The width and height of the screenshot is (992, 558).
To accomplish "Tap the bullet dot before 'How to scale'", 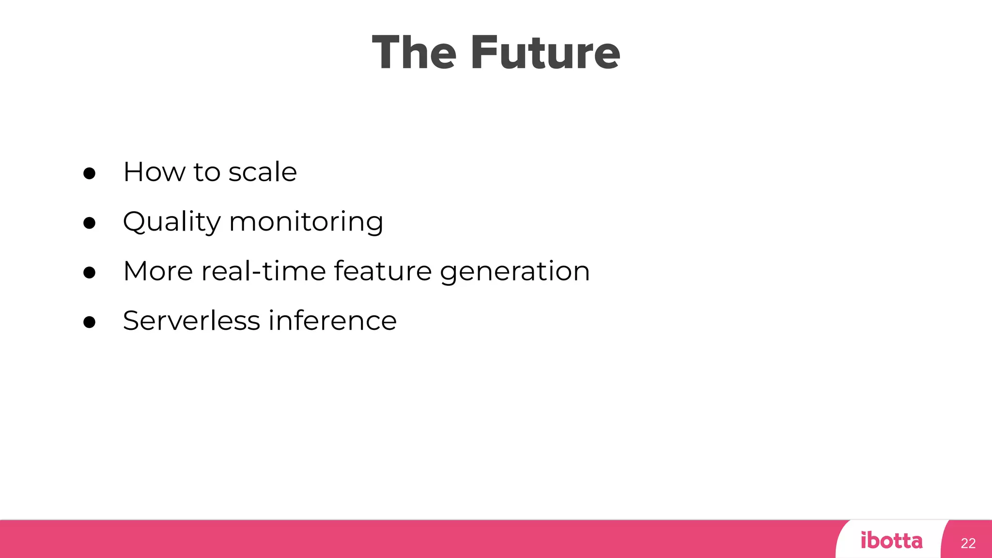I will [89, 173].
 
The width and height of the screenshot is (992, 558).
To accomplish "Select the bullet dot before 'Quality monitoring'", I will [89, 223].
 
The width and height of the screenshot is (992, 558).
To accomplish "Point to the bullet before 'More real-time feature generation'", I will [89, 272].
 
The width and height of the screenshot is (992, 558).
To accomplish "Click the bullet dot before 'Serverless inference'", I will [89, 322].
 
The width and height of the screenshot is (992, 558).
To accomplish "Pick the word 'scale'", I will [263, 172].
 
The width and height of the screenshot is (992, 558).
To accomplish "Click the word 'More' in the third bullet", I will [158, 271].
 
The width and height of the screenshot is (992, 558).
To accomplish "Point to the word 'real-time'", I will [263, 271].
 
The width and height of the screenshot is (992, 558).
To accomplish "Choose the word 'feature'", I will [383, 271].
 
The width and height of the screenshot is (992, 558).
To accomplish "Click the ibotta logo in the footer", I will [892, 541].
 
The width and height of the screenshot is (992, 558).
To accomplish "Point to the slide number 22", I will [968, 543].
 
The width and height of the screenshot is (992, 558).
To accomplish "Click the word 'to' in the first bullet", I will [207, 172].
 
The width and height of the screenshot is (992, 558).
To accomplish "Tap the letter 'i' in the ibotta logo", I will [864, 540].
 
